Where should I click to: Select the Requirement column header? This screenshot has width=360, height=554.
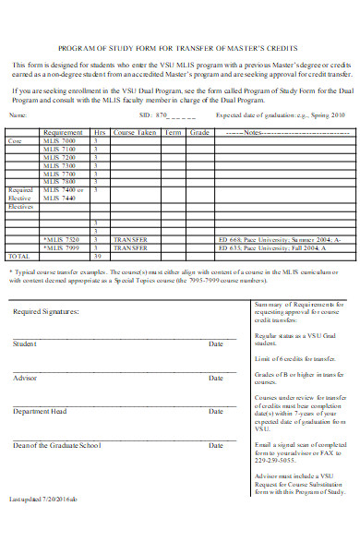tap(63, 133)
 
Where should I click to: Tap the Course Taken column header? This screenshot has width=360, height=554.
tap(134, 133)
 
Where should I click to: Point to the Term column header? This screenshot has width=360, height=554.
tap(173, 133)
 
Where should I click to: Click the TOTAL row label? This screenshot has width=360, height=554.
tap(18, 256)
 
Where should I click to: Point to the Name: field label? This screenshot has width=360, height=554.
tap(18, 115)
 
